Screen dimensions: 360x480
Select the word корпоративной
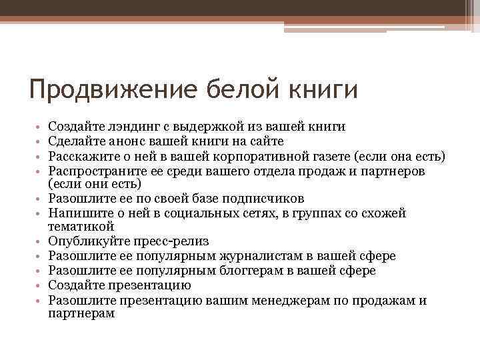[261, 156]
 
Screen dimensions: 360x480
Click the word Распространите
[93, 171]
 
